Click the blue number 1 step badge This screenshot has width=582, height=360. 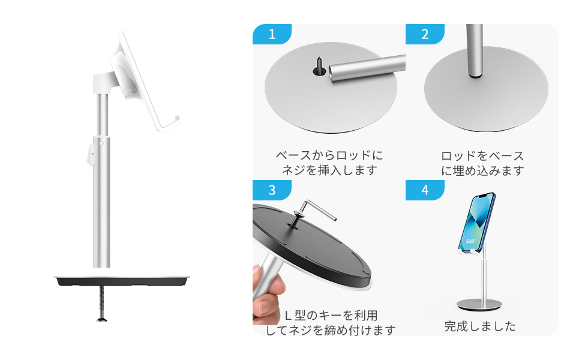pos(272,34)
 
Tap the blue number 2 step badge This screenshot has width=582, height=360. pos(425,34)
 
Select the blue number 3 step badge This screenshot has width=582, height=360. pos(272,190)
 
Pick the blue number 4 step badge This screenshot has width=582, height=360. pos(425,190)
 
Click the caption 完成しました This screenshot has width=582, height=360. pos(479,326)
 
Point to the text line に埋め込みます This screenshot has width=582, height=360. pos(482,170)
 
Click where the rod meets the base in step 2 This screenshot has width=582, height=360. pos(474,76)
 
